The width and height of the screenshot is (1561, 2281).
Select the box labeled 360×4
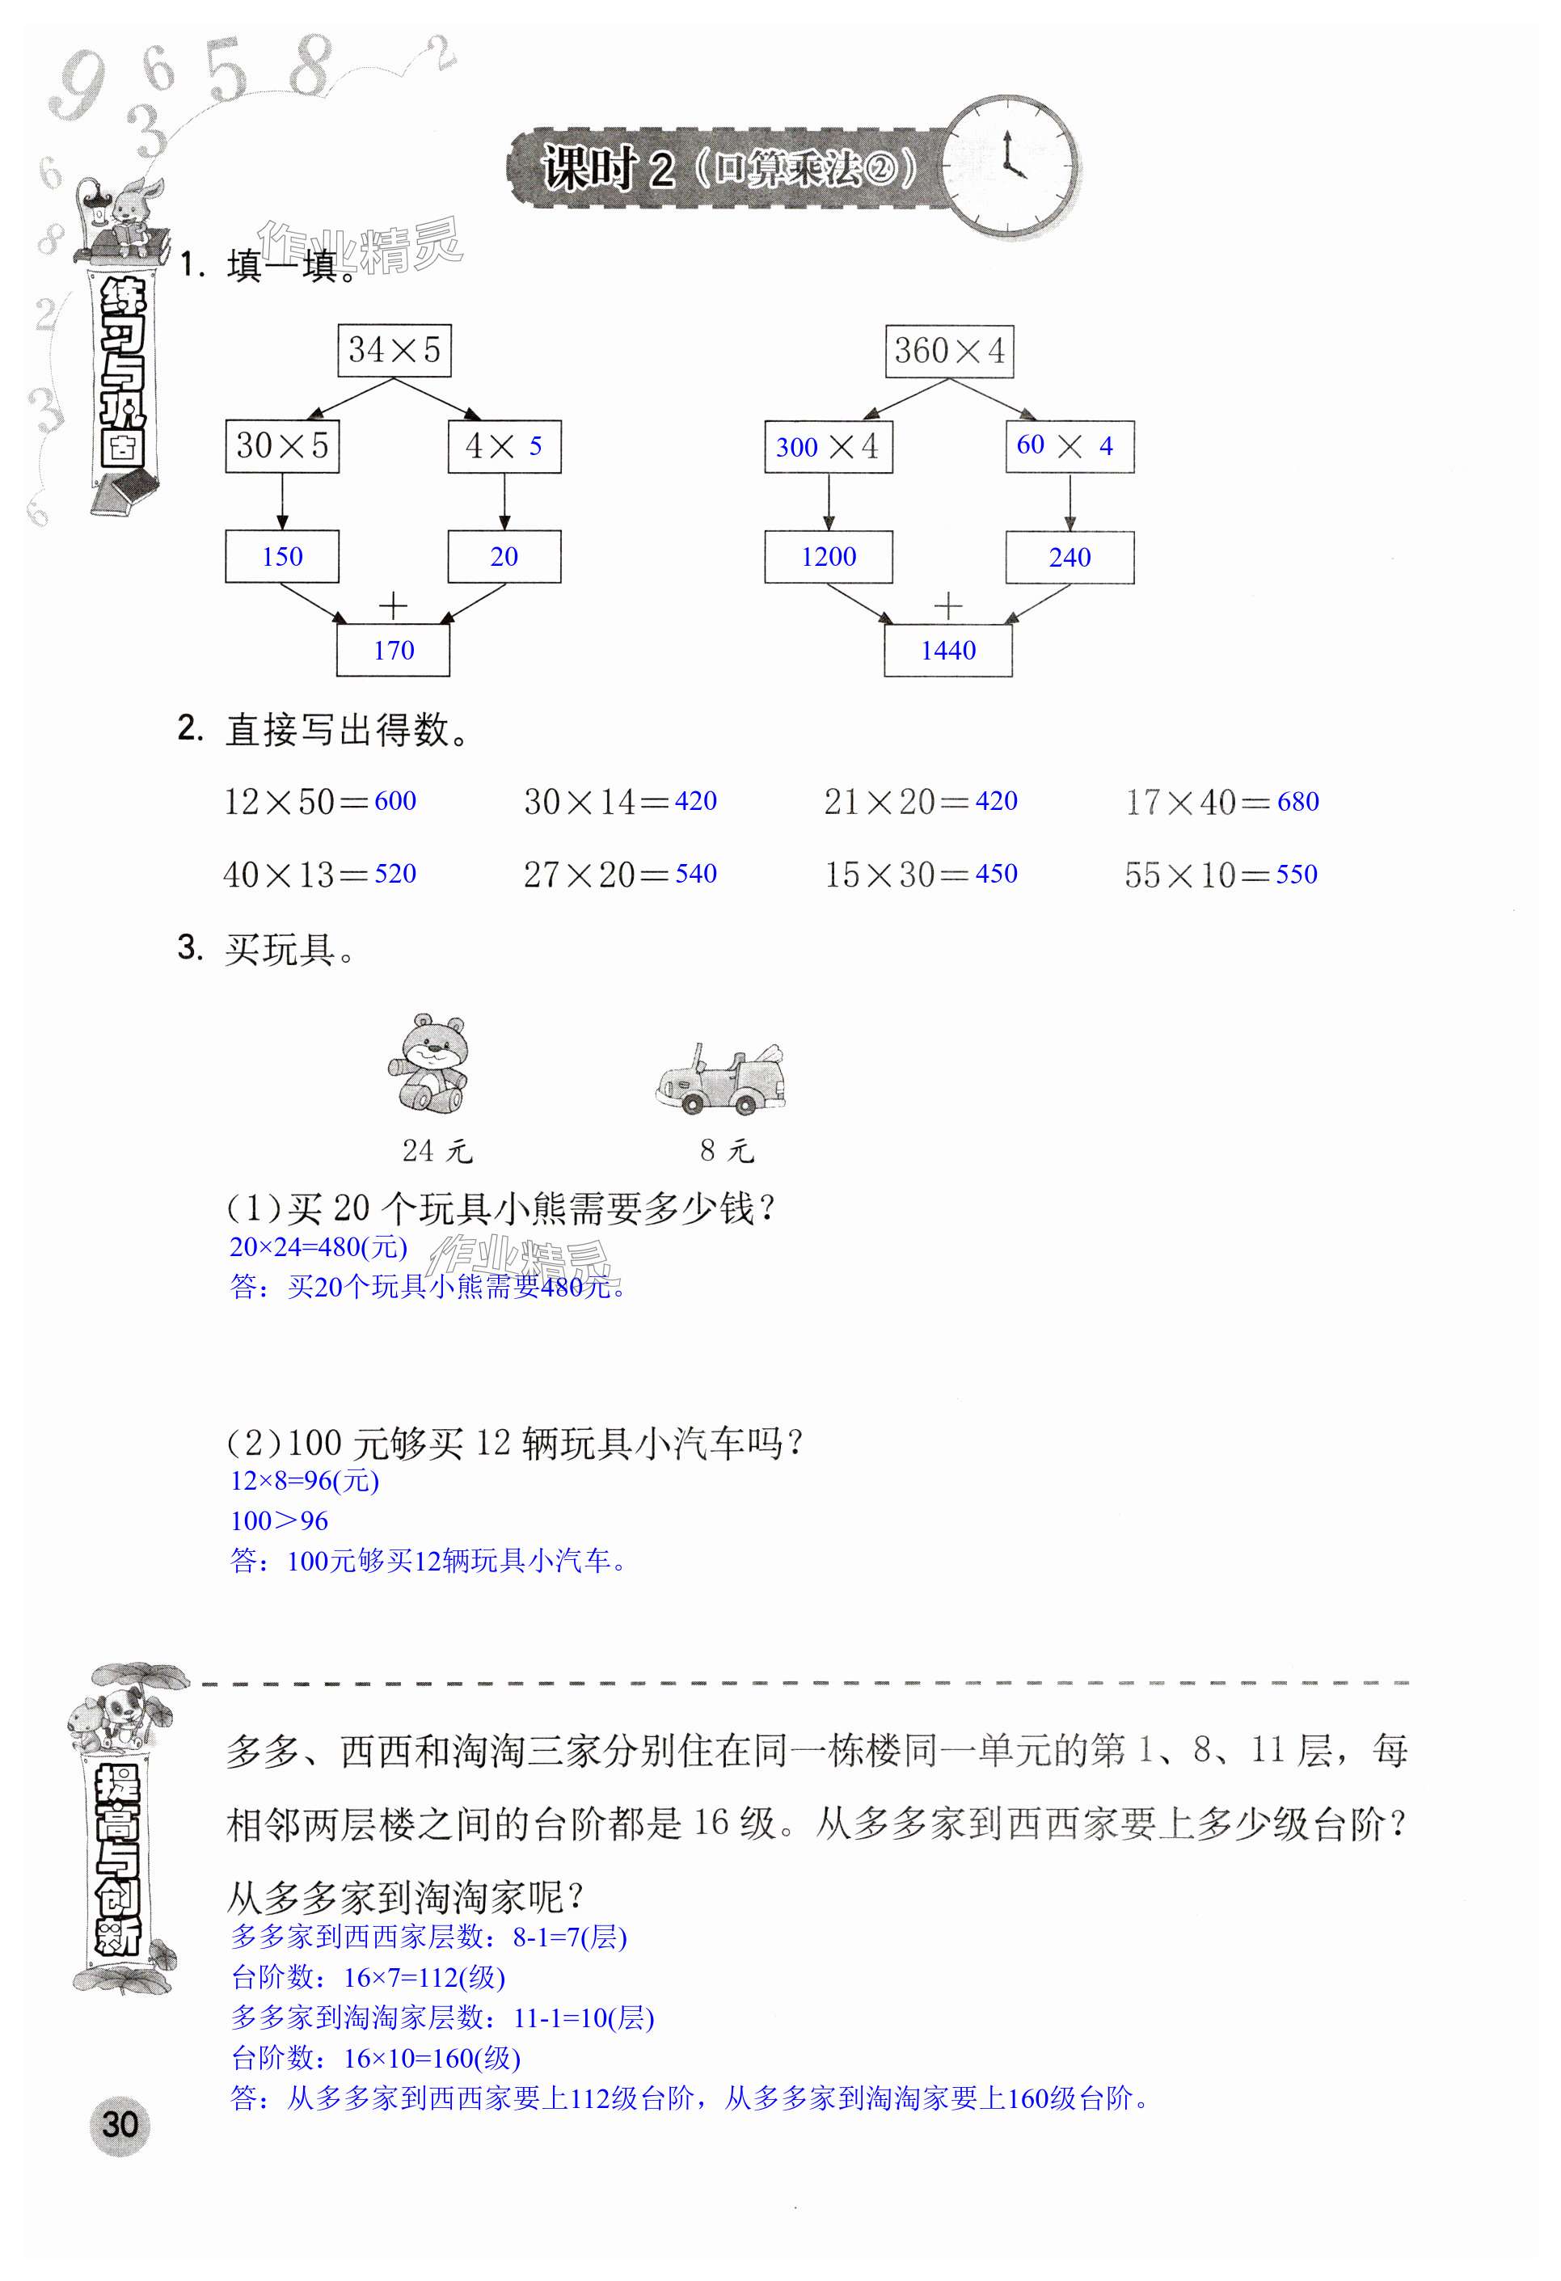coord(948,351)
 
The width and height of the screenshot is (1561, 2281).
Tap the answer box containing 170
coord(394,651)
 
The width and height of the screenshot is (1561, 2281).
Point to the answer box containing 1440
coord(948,651)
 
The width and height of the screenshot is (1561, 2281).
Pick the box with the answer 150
coord(282,556)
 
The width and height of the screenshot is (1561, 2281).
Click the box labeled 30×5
coord(282,446)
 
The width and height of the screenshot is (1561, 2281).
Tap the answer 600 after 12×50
coord(395,801)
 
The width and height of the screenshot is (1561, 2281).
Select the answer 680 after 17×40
coord(1298,802)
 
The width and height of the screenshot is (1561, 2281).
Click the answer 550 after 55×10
coord(1296,875)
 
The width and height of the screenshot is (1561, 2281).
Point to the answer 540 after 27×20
coord(696,874)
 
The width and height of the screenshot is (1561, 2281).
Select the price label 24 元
coord(437,1150)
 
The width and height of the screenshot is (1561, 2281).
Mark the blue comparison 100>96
coord(279,1521)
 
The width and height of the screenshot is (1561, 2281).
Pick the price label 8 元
coord(727,1150)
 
